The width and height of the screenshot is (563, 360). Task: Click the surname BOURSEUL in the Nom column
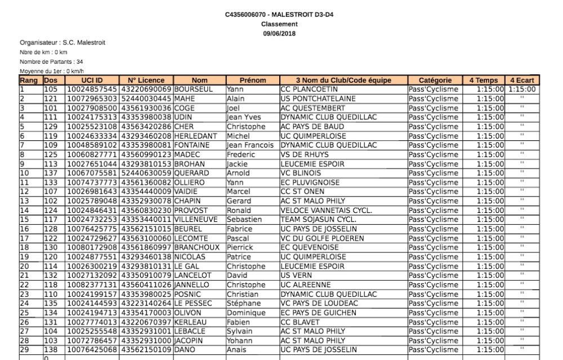193,90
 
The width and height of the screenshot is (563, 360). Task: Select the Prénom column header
252,81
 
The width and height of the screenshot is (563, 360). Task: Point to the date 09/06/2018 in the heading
279,33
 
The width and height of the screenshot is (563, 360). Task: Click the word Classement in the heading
279,24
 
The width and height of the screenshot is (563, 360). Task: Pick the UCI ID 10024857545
92,90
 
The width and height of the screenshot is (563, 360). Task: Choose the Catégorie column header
435,81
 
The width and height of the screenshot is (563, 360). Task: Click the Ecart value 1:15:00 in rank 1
522,90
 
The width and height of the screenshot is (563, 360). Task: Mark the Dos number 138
51,350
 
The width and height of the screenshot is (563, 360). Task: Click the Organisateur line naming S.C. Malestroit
62,43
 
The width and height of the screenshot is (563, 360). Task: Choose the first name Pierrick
241,247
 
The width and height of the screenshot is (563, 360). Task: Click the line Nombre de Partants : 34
51,61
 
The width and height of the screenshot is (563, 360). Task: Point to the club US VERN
294,275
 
